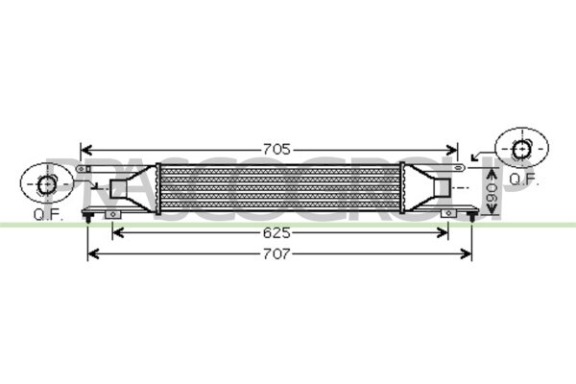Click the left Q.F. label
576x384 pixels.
pyautogui.click(x=47, y=213)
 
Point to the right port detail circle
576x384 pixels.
pyautogui.click(x=520, y=149)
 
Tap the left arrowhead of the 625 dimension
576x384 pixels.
pyautogui.click(x=118, y=231)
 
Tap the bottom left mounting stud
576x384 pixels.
pyautogui.click(x=88, y=217)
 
